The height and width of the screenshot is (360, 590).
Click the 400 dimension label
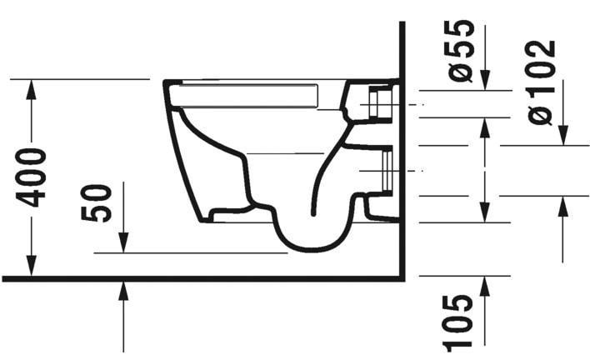(32, 177)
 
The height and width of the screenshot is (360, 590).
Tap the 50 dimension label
(98, 203)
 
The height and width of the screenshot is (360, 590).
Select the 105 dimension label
(462, 322)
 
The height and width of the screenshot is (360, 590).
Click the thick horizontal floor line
(200, 277)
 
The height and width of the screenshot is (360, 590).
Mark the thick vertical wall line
(402, 150)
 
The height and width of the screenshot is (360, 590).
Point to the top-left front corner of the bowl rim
(166, 82)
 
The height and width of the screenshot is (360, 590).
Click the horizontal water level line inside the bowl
(283, 153)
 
